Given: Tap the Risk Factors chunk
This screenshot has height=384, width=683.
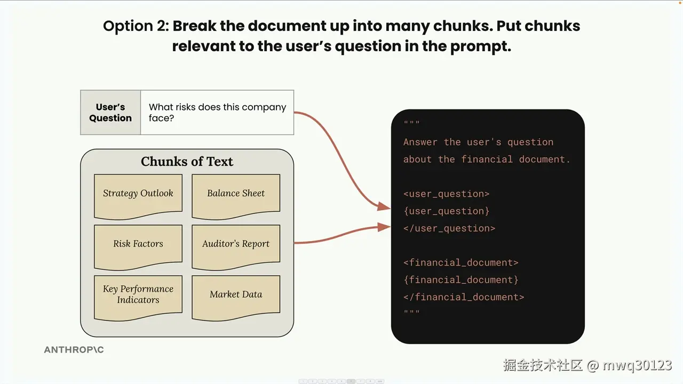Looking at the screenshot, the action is (138, 247).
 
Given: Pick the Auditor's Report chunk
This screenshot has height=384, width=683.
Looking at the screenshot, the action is (236, 247).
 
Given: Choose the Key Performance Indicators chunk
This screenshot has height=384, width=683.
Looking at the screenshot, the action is (138, 298).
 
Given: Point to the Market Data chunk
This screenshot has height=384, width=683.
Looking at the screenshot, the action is (236, 298).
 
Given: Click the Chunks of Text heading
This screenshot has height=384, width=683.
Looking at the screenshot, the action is (187, 162).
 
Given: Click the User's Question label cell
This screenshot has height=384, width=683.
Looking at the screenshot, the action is (110, 113).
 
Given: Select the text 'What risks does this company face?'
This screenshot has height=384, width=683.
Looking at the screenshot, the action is (217, 113).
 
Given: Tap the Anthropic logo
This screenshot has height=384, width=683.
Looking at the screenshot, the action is (74, 349).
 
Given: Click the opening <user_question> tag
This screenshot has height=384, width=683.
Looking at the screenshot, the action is (447, 194).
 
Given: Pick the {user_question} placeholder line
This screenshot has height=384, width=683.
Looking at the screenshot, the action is (447, 211).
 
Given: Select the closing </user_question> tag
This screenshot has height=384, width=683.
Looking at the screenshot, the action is (449, 228).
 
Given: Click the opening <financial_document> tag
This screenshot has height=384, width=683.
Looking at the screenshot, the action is (460, 262).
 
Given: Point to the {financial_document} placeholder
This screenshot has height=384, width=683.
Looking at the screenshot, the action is (460, 280).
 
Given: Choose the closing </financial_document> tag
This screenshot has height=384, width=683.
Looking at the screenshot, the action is (464, 297).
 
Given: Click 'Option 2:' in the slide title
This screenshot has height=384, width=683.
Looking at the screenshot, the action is (136, 26).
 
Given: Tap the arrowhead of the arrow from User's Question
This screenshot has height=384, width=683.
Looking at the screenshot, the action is (384, 206).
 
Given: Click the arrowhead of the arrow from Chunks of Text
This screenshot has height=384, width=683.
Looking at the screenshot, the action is (384, 227).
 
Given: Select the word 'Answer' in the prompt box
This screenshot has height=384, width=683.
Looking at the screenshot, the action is (420, 142).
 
